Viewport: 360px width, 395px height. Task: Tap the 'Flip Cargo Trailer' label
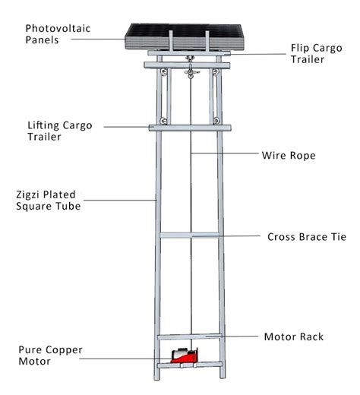(x=318, y=54)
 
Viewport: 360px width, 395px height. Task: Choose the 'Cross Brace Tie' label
(x=306, y=237)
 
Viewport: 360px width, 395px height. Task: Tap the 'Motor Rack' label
(x=295, y=336)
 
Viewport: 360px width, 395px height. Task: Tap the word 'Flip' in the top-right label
(x=301, y=47)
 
